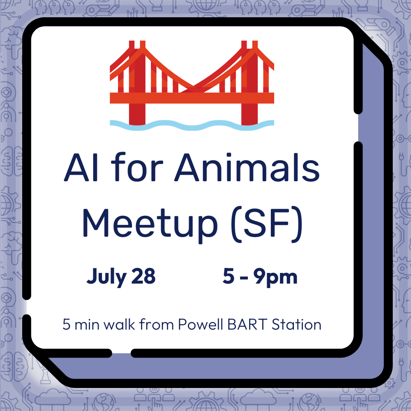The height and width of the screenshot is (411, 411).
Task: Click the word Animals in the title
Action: pos(247,167)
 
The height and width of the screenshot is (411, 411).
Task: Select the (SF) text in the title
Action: pos(267,224)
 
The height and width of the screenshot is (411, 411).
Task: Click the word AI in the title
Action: pos(81,167)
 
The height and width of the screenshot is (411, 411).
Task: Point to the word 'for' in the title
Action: pos(137,167)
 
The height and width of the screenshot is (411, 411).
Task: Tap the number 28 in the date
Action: pos(143,276)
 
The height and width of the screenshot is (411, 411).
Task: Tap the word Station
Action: pos(296,324)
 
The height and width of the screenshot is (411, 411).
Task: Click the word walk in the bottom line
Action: pos(120,324)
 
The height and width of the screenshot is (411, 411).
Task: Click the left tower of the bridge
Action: pos(137,83)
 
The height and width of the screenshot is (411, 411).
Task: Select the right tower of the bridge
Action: pos(249,83)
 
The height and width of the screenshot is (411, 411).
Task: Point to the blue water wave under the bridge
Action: pos(192,125)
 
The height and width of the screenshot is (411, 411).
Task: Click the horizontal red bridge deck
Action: pos(192,98)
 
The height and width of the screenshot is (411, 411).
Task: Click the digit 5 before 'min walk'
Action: pos(66,325)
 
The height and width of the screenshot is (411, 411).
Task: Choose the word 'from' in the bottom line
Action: pos(157,324)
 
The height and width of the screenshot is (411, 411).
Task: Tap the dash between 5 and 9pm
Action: pos(244,278)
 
